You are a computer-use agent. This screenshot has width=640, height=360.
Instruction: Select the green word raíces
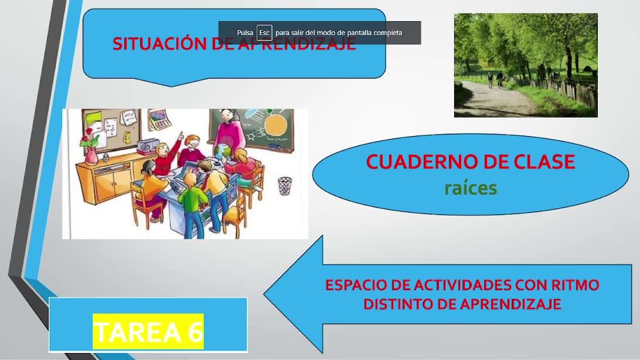point(471,188)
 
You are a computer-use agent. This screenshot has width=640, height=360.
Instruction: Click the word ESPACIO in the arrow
point(356,284)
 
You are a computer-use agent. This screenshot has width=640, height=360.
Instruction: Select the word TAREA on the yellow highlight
point(137,331)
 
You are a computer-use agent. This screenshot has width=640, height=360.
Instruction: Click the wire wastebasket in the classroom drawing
point(284,186)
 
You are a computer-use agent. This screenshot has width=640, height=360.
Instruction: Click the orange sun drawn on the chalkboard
point(274,125)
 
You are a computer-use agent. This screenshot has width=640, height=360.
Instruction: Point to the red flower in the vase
point(88,139)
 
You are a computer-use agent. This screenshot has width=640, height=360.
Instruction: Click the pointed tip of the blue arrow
point(264,294)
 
